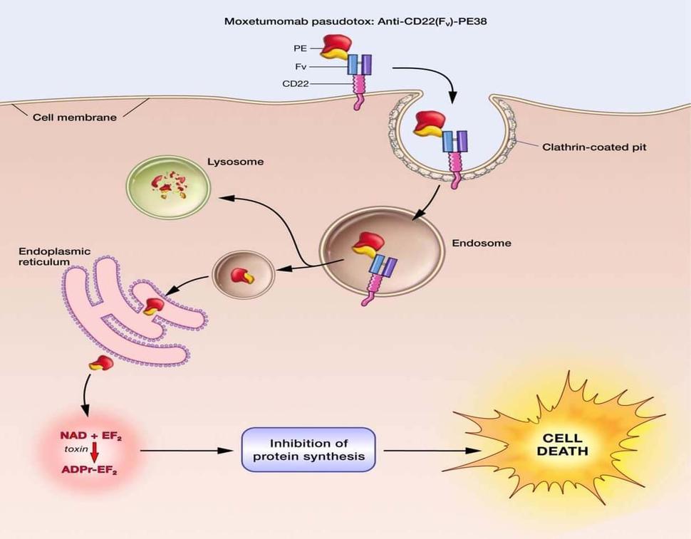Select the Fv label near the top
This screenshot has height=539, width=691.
point(300,67)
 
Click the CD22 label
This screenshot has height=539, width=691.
point(295,83)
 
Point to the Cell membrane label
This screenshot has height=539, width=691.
point(75,117)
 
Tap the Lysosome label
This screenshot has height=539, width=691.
point(235,162)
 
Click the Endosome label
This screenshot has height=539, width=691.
point(482,243)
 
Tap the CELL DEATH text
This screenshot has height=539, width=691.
point(562,445)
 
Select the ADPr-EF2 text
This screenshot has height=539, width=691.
point(90,470)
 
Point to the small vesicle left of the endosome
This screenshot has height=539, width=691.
point(244,275)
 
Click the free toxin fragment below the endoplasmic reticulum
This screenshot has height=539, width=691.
point(100,364)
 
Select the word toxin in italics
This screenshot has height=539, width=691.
point(73,450)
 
